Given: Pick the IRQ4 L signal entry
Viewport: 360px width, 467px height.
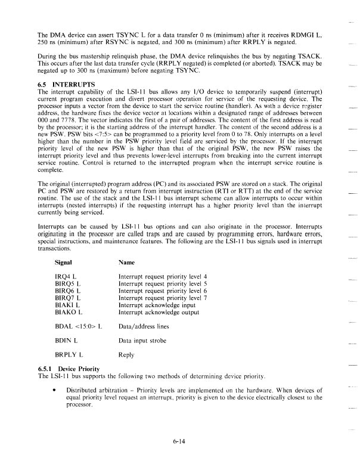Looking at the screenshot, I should pyautogui.click(x=67, y=277).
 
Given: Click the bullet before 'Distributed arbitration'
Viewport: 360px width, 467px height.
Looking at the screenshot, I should pyautogui.click(x=55, y=388).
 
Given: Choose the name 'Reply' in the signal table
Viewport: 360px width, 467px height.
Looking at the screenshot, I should pyautogui.click(x=127, y=354).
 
